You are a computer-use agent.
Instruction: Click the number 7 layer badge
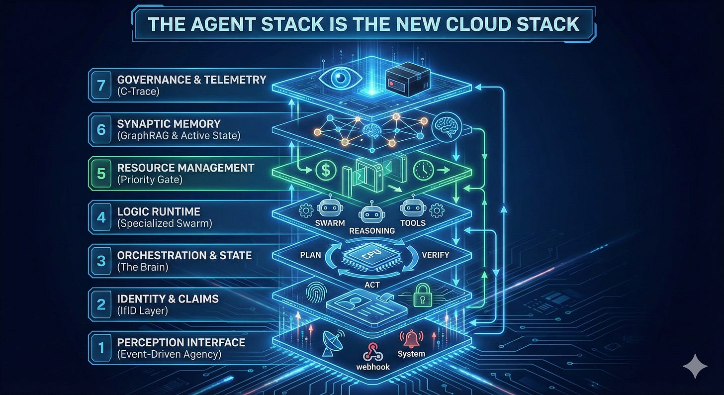[101, 85]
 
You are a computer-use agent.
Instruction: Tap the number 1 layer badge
[101, 347]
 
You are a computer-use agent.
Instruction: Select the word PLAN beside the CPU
[311, 255]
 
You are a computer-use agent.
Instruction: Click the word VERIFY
[435, 255]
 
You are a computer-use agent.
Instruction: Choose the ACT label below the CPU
[371, 285]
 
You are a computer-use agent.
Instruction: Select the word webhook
[373, 367]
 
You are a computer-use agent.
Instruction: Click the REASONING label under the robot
[372, 230]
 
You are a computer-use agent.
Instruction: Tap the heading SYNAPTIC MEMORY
[169, 123]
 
